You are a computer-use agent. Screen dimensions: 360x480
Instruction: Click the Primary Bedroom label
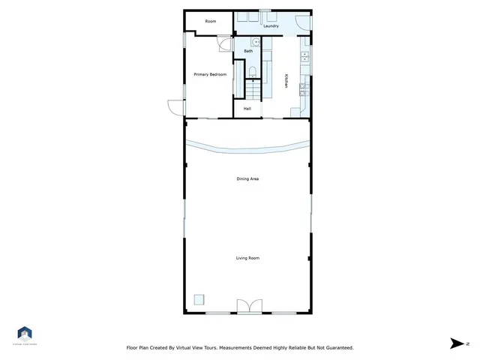(x=210, y=74)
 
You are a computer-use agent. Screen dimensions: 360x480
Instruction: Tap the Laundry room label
(x=271, y=26)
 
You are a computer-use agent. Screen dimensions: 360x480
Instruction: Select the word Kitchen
(x=286, y=81)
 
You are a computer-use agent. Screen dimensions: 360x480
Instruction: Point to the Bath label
(x=247, y=51)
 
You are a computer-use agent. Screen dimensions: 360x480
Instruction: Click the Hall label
(x=247, y=109)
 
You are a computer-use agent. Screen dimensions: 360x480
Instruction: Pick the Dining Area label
(x=247, y=178)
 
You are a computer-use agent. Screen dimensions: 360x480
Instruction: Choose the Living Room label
(x=247, y=258)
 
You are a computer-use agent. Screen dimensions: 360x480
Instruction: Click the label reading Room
(x=211, y=21)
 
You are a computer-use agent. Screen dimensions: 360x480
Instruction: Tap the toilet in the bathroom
(x=253, y=72)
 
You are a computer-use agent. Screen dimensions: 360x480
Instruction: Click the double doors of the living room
(x=247, y=305)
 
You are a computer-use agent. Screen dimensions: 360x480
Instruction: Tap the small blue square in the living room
(x=199, y=298)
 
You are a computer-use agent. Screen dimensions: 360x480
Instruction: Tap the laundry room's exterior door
(x=301, y=22)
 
